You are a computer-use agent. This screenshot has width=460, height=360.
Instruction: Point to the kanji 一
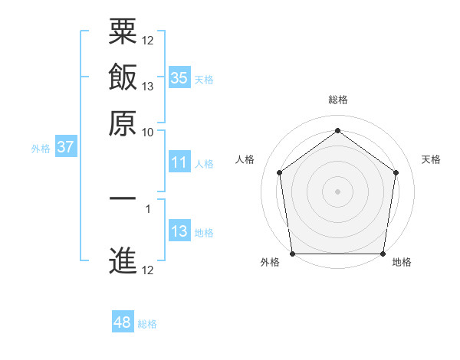click(x=123, y=198)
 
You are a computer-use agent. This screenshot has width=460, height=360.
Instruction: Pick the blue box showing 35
click(x=179, y=77)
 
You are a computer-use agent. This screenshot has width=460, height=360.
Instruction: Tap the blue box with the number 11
click(x=179, y=162)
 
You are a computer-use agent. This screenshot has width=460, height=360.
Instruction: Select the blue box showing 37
click(x=65, y=147)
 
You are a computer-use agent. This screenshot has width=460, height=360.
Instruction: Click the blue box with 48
click(x=123, y=322)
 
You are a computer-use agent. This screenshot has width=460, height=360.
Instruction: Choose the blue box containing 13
click(x=179, y=231)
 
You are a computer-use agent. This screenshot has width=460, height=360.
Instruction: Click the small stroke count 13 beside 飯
click(x=148, y=86)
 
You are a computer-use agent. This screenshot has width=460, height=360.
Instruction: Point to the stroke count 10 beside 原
click(x=148, y=132)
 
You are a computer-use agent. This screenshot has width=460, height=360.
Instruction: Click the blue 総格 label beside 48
click(x=147, y=324)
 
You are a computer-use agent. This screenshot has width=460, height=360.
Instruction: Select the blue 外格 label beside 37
click(x=41, y=149)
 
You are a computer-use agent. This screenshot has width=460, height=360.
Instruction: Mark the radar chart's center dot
click(x=337, y=191)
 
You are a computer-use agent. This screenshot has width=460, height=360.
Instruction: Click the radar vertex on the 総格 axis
click(x=337, y=130)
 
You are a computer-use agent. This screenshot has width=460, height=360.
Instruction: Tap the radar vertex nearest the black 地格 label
click(x=383, y=254)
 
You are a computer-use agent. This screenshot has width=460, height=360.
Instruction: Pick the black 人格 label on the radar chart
click(x=245, y=159)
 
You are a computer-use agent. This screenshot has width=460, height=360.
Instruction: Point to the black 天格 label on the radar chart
click(x=432, y=159)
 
